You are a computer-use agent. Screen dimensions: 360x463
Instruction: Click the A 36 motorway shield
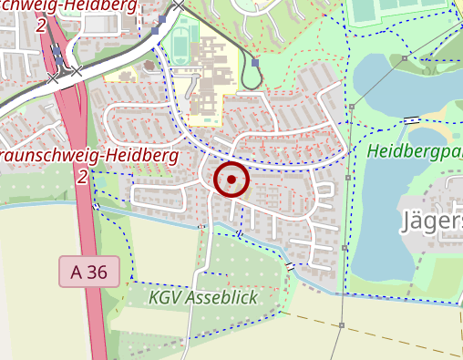(x=89, y=272)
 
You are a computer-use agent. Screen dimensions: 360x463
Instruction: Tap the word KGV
(x=166, y=298)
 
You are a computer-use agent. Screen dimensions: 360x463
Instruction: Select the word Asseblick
(x=222, y=298)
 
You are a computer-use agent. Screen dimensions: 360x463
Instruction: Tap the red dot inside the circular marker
(x=231, y=180)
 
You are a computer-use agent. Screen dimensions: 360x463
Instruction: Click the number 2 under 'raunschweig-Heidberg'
(x=82, y=176)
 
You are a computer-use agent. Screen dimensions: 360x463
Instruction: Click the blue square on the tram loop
(x=255, y=63)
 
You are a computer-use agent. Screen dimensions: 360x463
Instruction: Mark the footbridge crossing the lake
(x=413, y=119)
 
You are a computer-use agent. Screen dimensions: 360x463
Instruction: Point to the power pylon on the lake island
(x=351, y=107)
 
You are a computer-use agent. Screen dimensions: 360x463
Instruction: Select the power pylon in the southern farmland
(x=340, y=324)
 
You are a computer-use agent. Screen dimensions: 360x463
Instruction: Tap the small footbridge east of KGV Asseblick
(x=291, y=266)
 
